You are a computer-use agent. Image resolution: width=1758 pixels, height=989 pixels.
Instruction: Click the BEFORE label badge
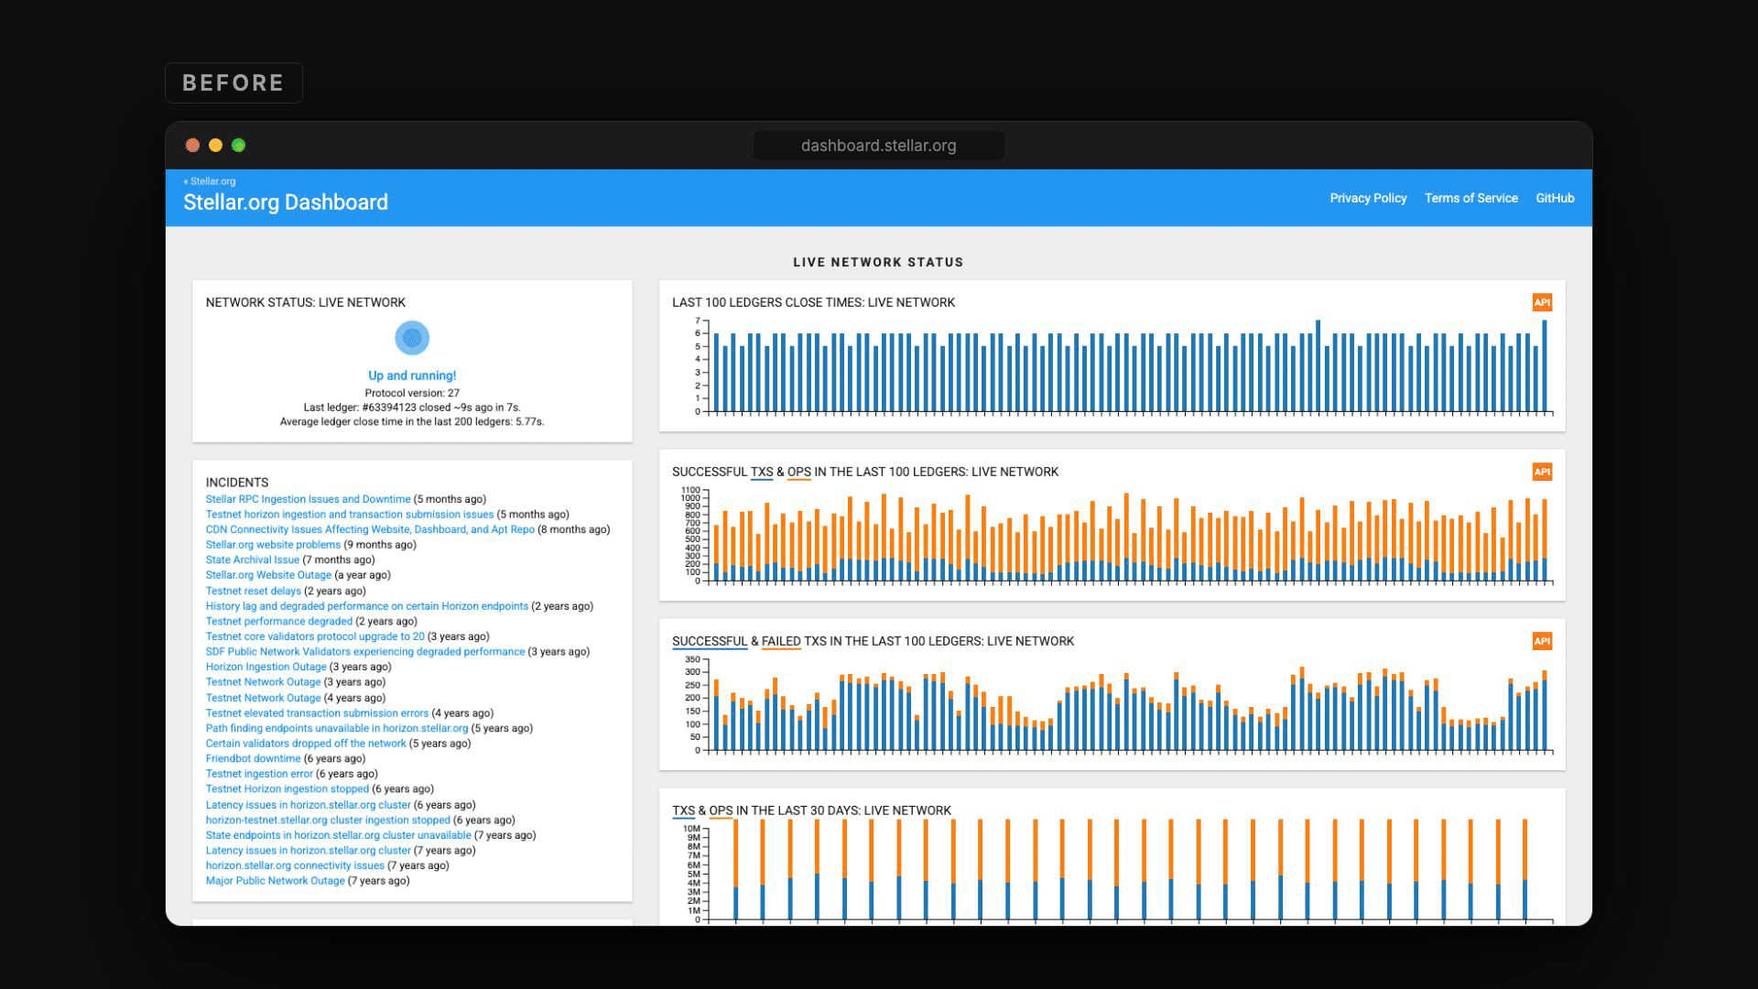click(x=233, y=82)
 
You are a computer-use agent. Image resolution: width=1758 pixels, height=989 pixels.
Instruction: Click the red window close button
click(x=193, y=145)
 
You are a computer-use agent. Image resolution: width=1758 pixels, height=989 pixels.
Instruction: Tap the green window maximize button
click(x=239, y=145)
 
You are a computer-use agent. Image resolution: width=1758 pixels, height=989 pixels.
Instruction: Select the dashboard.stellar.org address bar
click(x=878, y=146)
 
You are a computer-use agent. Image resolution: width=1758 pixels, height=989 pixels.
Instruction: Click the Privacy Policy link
click(x=1368, y=198)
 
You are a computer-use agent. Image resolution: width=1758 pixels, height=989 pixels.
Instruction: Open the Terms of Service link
click(x=1470, y=198)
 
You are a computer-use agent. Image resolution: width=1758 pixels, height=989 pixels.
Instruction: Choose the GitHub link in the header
click(x=1555, y=198)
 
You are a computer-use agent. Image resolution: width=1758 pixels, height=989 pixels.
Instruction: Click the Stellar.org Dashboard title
click(x=286, y=202)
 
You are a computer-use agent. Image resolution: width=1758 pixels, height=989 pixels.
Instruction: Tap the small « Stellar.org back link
click(x=210, y=181)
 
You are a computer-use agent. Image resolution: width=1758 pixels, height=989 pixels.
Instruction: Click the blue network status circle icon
click(x=412, y=338)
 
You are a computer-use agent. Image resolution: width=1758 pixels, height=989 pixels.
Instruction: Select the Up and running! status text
click(x=412, y=375)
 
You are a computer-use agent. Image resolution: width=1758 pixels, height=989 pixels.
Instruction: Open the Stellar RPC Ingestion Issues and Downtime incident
click(x=308, y=499)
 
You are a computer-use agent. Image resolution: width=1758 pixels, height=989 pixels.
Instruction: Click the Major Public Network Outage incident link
click(x=275, y=881)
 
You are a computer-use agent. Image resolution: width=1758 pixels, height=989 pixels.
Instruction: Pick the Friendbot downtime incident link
click(x=253, y=758)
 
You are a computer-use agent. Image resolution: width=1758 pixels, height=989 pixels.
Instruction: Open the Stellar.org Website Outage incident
click(x=268, y=575)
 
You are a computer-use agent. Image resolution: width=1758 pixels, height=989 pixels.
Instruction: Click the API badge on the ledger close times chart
click(x=1542, y=302)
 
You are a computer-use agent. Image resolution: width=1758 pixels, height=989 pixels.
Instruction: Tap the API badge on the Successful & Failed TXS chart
click(x=1542, y=641)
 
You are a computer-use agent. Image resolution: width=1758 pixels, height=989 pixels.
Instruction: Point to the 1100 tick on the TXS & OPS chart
click(x=690, y=490)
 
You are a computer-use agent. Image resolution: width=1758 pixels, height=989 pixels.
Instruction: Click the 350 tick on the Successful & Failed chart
click(x=692, y=659)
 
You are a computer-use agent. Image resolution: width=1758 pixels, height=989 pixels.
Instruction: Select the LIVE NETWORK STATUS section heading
click(x=878, y=262)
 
